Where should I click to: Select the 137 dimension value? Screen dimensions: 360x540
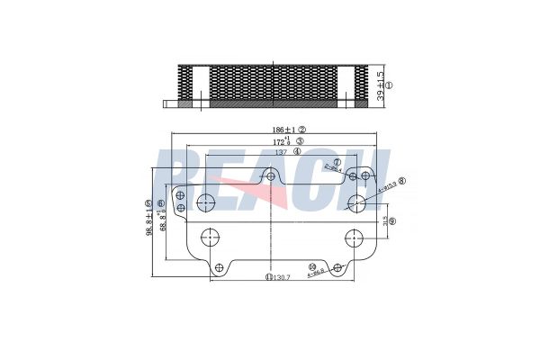281,152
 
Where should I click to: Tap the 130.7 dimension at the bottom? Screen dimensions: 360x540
282,278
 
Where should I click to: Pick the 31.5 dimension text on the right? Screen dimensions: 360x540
384,220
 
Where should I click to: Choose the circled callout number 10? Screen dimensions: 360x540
311,267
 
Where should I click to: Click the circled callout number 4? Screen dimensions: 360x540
297,152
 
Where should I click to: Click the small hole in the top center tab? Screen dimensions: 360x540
269,176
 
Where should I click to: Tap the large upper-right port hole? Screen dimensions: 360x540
357,202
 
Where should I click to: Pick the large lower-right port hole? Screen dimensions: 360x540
352,238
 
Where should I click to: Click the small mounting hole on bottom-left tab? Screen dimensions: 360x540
217,266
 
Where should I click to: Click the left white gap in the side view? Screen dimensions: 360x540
202,85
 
